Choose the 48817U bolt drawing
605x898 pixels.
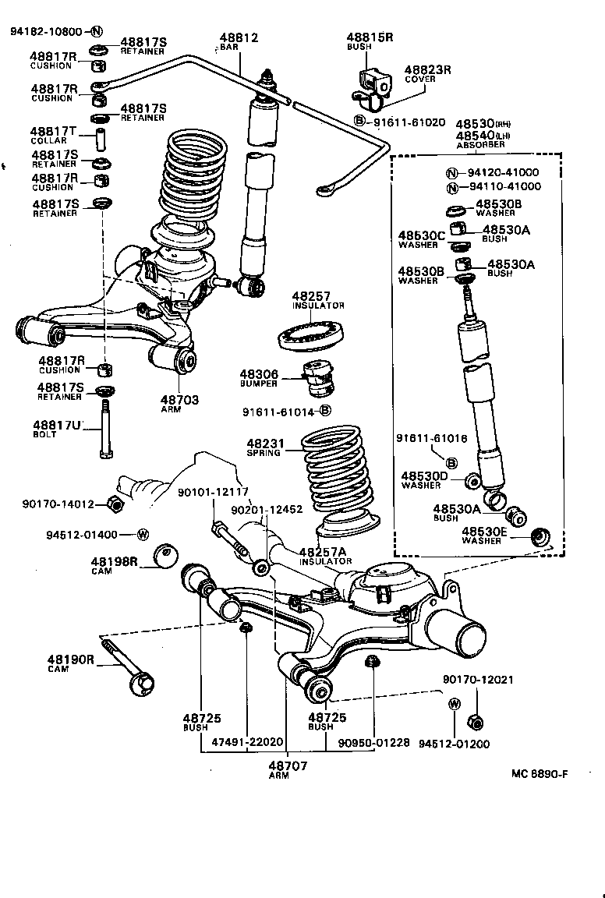coord(105,430)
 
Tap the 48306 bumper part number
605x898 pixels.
coord(264,375)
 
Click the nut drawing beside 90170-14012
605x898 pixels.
coord(115,504)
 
